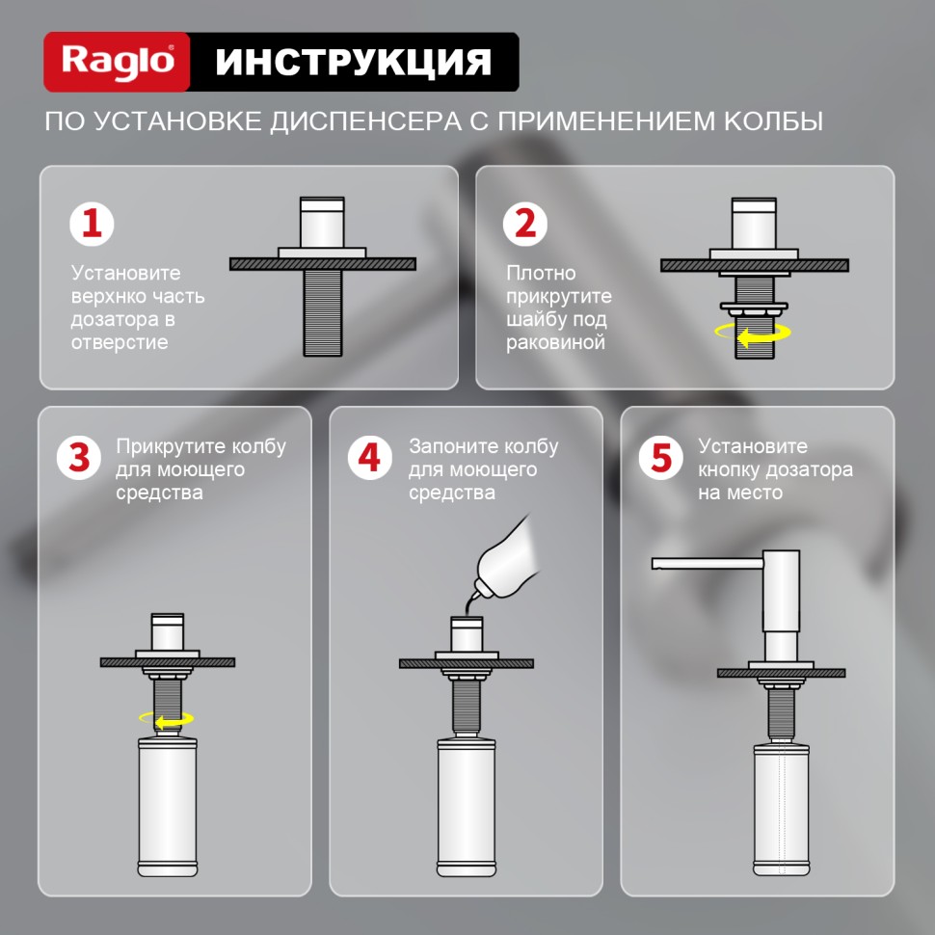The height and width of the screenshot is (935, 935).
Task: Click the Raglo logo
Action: (x=118, y=62)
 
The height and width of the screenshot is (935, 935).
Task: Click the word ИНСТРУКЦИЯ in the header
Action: (x=353, y=62)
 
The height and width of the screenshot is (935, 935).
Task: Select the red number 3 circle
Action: (x=80, y=457)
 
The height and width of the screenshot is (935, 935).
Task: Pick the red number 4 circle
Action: (x=370, y=457)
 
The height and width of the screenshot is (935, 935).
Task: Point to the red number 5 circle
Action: (x=661, y=457)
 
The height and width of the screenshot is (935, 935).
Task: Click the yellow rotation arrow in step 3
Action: (x=167, y=719)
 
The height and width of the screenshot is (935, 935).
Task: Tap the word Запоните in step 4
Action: (x=449, y=447)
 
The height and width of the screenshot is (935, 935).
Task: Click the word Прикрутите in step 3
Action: (x=170, y=447)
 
